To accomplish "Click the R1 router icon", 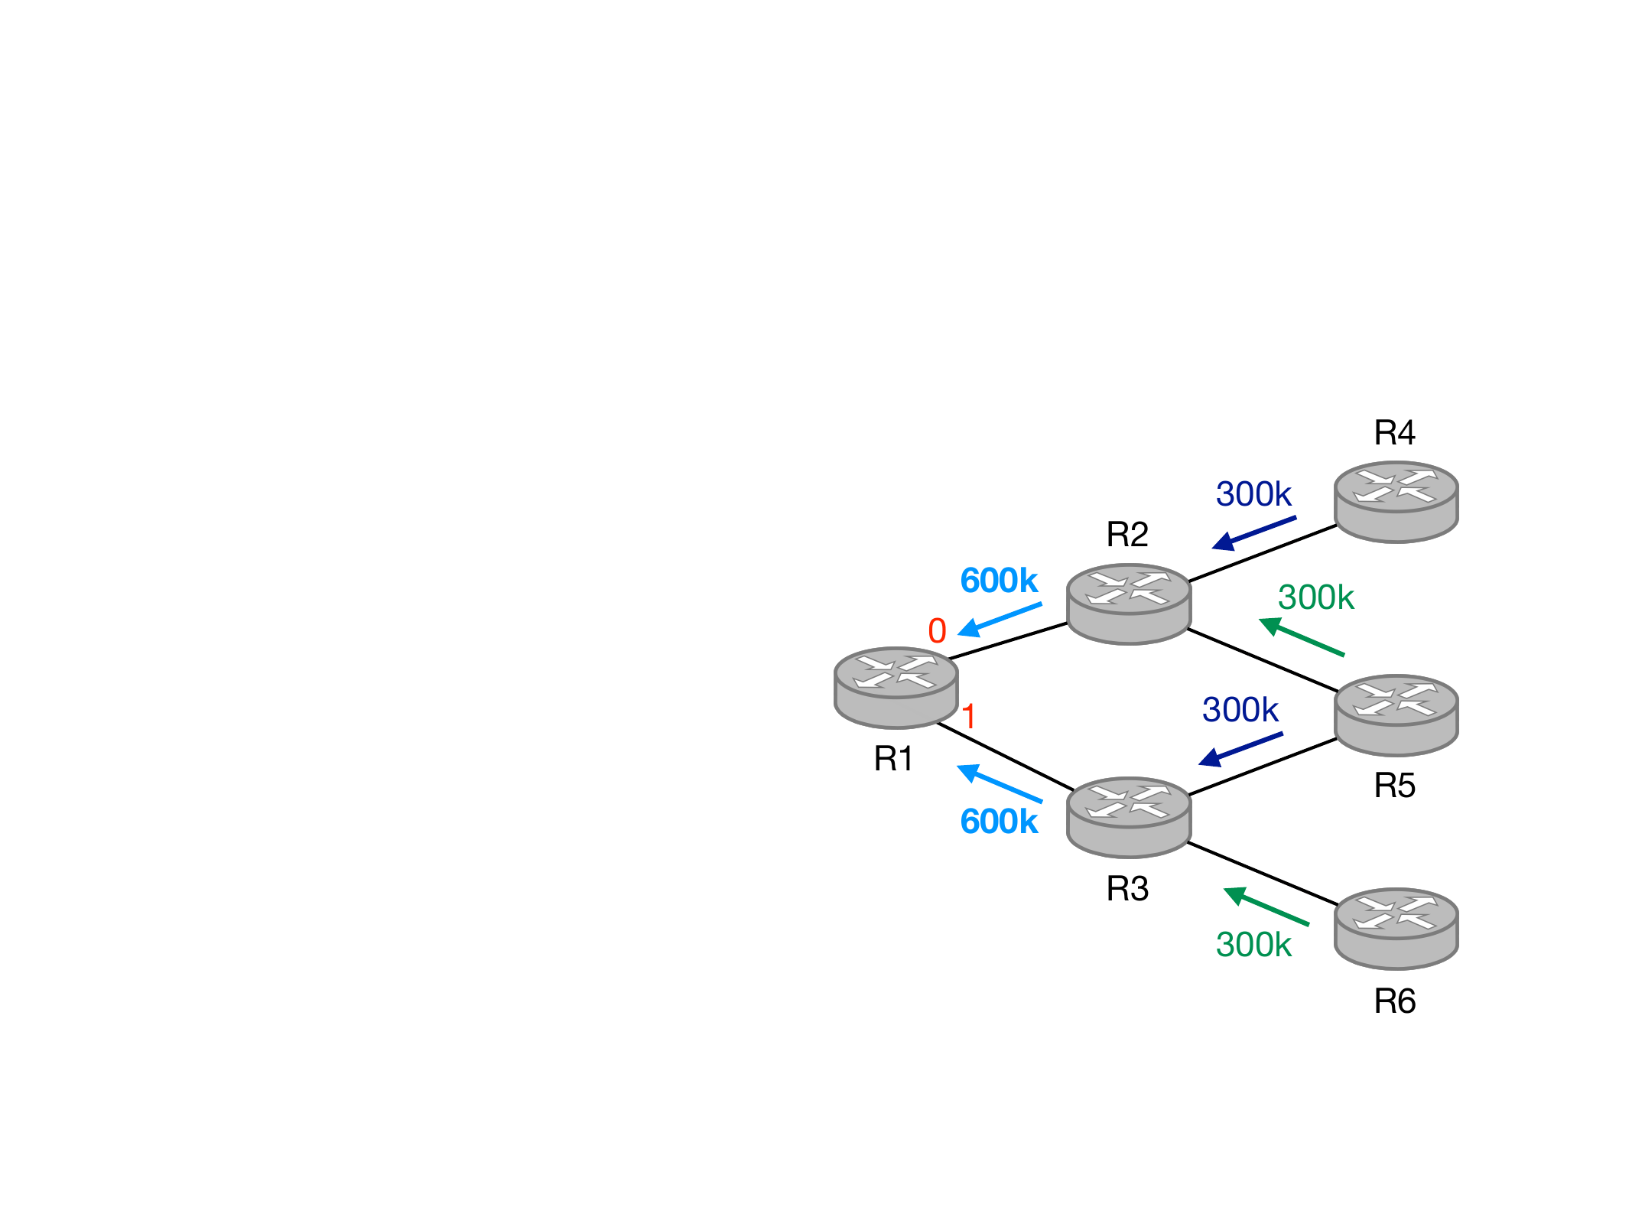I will tap(896, 687).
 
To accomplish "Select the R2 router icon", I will tap(1128, 604).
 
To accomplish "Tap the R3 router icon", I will tap(1128, 817).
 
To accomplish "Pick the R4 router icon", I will tap(1396, 501).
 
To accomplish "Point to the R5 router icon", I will tap(1396, 715).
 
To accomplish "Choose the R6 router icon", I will tap(1396, 928).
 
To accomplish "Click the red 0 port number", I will tap(937, 631).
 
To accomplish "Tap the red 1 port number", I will tap(968, 717).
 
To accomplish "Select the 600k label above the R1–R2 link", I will tap(999, 581).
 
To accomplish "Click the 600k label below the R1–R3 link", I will tap(999, 822).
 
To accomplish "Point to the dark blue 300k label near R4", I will tap(1253, 494).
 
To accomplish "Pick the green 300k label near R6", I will tap(1253, 945).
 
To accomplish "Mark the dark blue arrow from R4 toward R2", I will tap(1254, 532).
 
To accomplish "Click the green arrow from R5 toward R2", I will tap(1302, 636).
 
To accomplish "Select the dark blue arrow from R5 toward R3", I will tap(1240, 749).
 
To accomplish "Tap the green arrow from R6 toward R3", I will tap(1266, 907).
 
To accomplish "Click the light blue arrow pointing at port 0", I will tap(1000, 619).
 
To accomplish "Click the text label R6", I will tap(1395, 1001).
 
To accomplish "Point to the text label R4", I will tap(1395, 433).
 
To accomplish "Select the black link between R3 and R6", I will tap(1262, 874).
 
